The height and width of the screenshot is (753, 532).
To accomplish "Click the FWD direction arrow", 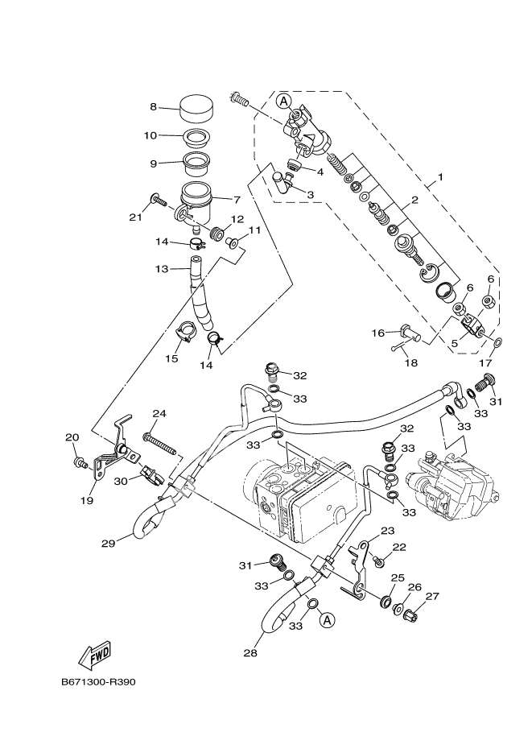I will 95,651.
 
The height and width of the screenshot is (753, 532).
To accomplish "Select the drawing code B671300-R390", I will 97,681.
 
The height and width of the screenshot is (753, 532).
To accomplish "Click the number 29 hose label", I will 109,543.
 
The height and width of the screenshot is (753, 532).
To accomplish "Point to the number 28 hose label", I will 250,652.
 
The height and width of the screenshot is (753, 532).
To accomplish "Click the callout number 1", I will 440,176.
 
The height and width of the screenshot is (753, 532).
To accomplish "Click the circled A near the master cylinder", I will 282,101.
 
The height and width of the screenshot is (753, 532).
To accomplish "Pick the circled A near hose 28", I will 326,620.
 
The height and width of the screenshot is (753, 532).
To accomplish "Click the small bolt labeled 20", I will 80,463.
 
